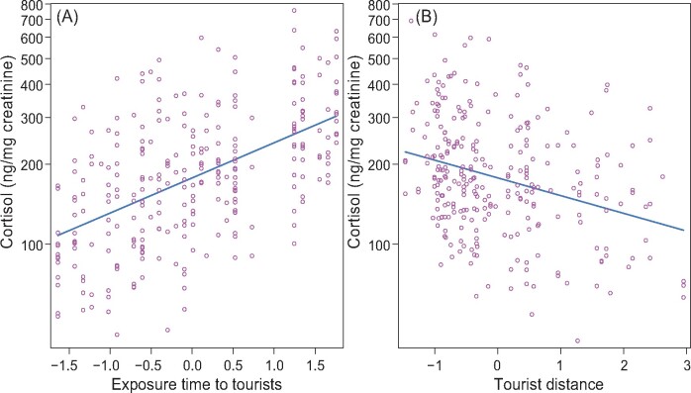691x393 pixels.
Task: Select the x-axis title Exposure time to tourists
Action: pos(198,382)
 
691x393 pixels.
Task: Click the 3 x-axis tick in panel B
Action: pos(685,362)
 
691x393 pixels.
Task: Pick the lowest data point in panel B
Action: pos(576,341)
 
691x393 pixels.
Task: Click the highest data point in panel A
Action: pos(294,11)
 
